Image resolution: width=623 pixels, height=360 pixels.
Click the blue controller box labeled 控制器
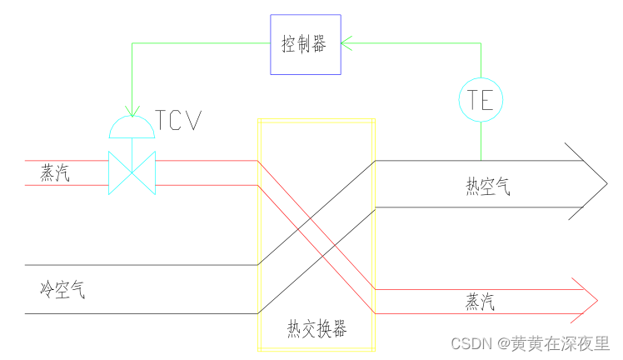306,44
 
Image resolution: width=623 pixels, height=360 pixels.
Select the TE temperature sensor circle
481,100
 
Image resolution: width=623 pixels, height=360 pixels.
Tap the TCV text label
178,122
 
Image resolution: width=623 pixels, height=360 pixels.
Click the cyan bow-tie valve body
132,172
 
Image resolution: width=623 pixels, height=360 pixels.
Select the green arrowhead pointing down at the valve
132,110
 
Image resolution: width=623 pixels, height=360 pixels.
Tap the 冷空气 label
62,290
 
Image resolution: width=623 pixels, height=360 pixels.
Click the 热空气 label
487,186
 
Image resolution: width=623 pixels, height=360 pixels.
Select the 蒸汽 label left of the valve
55,172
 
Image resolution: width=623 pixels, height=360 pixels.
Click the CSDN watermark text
470,343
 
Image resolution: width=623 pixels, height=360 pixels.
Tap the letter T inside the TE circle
474,100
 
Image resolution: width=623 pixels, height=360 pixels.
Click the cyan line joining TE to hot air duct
481,141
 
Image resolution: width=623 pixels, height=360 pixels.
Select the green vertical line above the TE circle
481,58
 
